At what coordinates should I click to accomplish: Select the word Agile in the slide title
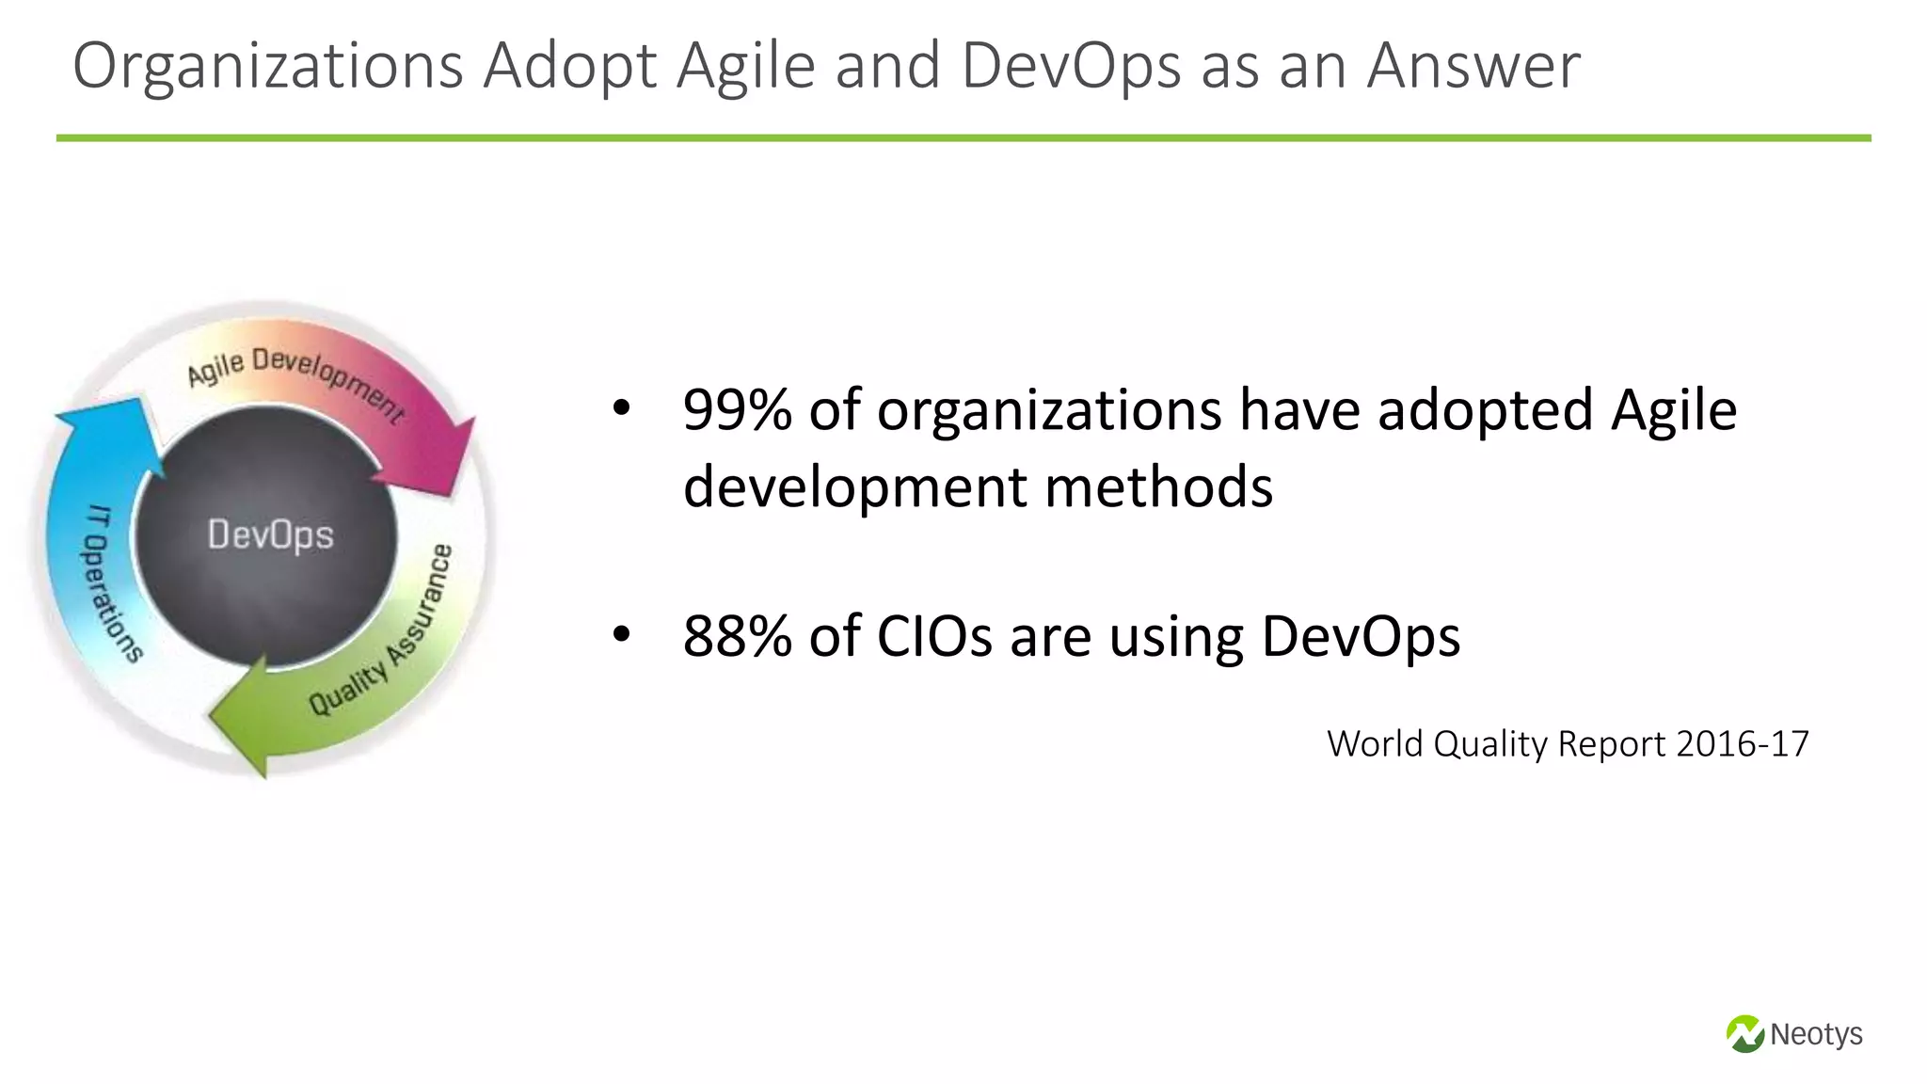click(745, 68)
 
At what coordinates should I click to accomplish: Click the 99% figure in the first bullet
click(738, 410)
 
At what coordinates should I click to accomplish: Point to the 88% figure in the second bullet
click(738, 636)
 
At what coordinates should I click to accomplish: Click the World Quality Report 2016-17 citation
click(1568, 744)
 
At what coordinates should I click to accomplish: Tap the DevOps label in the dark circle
click(270, 535)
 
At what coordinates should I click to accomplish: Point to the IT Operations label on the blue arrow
click(111, 584)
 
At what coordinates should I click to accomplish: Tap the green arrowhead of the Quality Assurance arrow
click(241, 718)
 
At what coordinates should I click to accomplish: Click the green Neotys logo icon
click(1744, 1034)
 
